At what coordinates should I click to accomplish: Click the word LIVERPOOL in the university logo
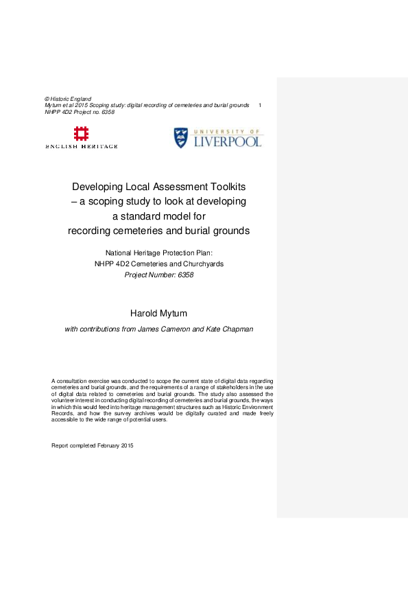(228, 142)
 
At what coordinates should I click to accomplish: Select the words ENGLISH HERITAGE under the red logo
(82, 146)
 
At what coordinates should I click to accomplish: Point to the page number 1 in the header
(260, 105)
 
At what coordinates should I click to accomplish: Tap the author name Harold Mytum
(158, 314)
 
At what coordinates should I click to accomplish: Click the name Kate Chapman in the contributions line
(231, 329)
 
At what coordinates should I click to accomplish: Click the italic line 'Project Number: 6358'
(158, 275)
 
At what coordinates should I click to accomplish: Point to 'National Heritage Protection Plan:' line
(158, 253)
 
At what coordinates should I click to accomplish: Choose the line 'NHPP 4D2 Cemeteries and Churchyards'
(158, 264)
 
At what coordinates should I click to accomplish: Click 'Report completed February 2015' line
(93, 445)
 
